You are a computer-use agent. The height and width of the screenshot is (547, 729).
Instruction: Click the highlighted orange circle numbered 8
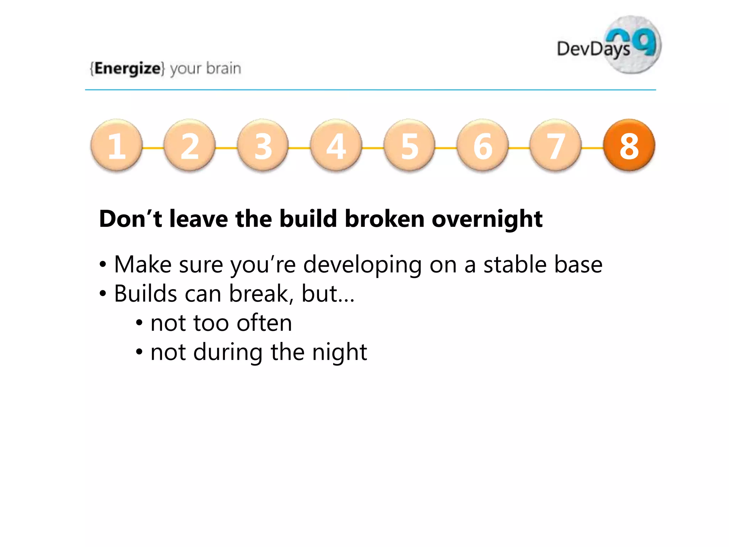click(x=629, y=145)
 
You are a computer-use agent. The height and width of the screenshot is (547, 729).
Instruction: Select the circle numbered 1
click(x=116, y=145)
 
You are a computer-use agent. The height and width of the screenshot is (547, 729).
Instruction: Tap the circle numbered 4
click(x=336, y=145)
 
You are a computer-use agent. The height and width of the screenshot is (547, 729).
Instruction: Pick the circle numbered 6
click(x=483, y=145)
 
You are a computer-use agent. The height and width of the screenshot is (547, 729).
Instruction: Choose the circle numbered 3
click(x=263, y=145)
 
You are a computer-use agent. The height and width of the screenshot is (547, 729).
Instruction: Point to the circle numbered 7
click(x=556, y=145)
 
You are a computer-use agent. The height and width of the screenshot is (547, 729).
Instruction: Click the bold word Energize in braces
click(x=127, y=68)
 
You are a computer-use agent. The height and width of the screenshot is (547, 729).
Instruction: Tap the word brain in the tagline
click(x=224, y=68)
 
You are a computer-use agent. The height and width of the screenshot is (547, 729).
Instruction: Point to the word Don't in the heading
click(x=131, y=218)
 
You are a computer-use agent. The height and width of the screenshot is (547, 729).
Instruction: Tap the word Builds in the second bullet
click(x=146, y=294)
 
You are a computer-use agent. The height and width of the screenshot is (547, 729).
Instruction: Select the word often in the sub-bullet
click(x=264, y=323)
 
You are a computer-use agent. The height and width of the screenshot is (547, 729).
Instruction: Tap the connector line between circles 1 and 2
click(x=153, y=148)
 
